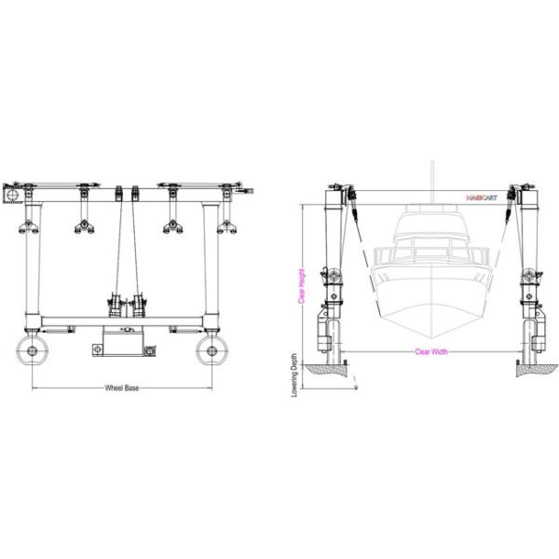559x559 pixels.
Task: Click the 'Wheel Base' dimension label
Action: (x=121, y=389)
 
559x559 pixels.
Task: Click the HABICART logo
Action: (x=483, y=198)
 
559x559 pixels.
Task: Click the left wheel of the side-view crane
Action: (x=34, y=351)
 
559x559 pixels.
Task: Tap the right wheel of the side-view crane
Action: (x=213, y=351)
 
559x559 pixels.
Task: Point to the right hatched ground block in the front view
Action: (x=535, y=369)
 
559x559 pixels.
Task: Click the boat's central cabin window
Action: (x=431, y=251)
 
